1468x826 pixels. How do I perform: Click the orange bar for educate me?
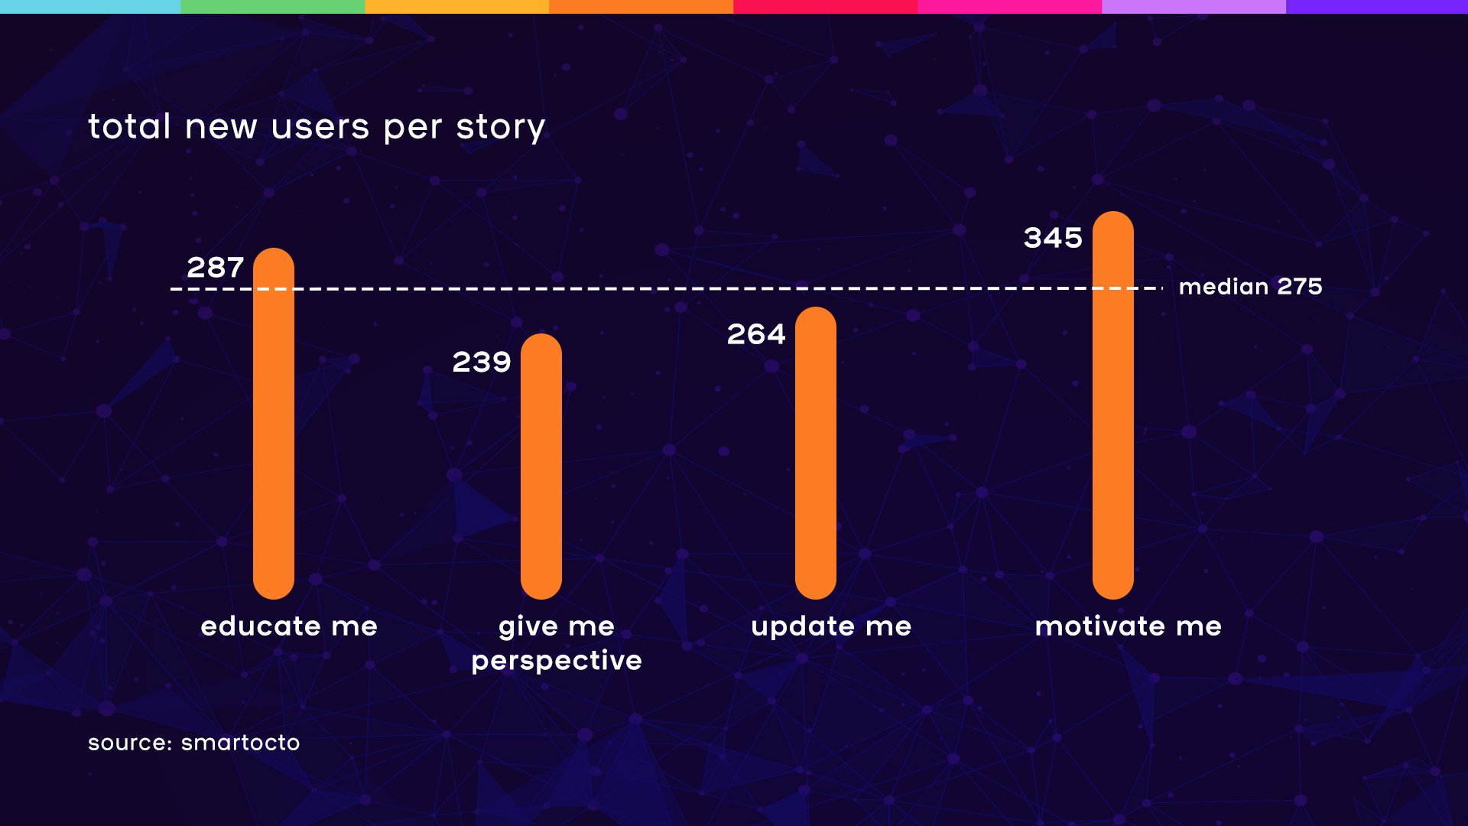pos(274,424)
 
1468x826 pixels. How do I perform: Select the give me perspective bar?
pos(541,467)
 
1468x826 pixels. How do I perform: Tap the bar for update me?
pos(816,453)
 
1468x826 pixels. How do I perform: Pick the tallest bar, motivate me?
pos(1113,405)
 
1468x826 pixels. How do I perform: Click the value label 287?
pos(216,268)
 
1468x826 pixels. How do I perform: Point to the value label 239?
pos(482,362)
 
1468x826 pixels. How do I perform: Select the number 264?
pos(756,334)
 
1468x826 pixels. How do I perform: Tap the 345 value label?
pos(1053,238)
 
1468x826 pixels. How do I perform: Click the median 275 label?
pos(1250,287)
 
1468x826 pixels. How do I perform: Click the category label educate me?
pos(289,626)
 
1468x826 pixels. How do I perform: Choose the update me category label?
pos(831,626)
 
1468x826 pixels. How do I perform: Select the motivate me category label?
pos(1128,626)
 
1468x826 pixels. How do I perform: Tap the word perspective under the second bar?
pos(557,661)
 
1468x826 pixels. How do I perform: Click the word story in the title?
pos(500,127)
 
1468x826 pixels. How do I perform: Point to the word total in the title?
pos(129,126)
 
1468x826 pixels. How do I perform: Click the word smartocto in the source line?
pos(240,743)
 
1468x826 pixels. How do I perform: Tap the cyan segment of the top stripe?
pos(90,7)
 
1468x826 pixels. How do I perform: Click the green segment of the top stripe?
pos(273,7)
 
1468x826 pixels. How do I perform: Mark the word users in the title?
pos(320,127)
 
